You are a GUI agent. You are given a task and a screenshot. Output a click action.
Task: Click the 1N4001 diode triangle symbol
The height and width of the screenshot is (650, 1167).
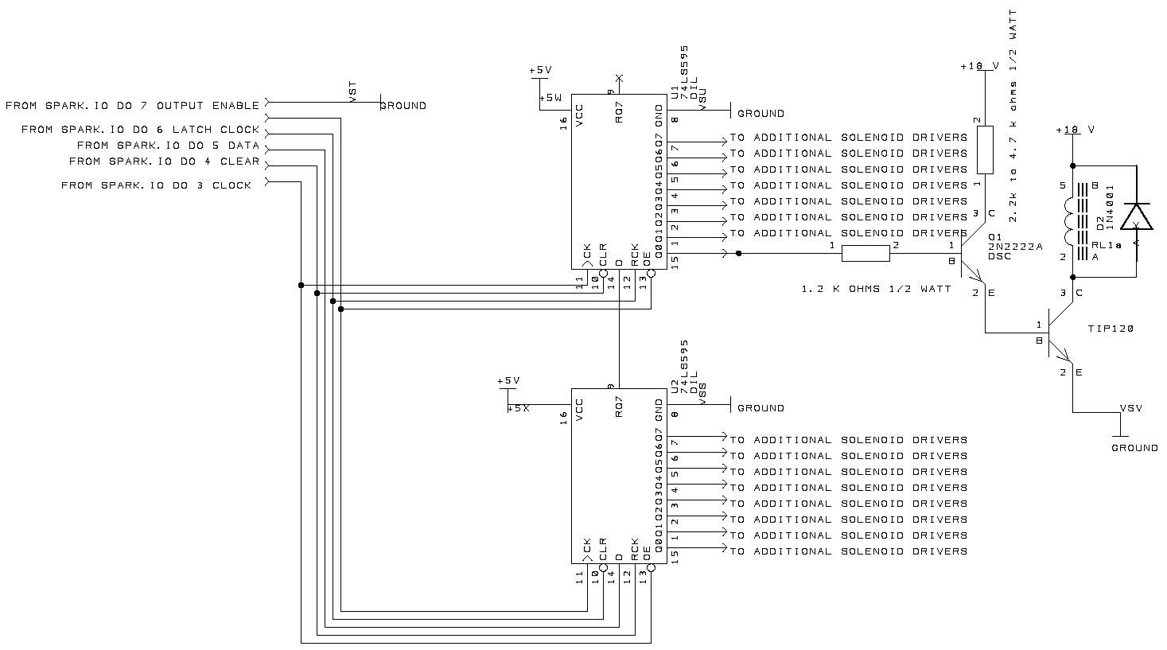(1136, 216)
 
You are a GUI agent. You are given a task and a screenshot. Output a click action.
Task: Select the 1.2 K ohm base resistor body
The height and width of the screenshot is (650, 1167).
(865, 254)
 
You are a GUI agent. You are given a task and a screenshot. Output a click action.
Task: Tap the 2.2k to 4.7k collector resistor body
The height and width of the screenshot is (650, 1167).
(985, 150)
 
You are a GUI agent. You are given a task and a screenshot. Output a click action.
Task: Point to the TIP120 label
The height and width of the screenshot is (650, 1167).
(1111, 329)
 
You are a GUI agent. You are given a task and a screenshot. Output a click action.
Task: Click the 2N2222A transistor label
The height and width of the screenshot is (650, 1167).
(1014, 247)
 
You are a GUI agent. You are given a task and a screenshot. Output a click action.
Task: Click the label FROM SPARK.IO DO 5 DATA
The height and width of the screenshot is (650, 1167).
(168, 146)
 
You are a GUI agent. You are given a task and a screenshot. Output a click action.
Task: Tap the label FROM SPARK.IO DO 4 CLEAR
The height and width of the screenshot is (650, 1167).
(164, 162)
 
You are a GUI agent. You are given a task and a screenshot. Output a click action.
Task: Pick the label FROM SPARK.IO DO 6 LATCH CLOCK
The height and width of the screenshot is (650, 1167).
(140, 130)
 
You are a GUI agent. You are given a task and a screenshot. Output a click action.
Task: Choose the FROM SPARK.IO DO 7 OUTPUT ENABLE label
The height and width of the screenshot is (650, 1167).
(132, 105)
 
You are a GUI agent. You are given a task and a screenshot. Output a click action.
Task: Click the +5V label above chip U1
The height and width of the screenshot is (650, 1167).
(540, 71)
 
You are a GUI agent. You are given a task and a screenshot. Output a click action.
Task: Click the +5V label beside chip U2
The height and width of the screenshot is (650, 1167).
(508, 381)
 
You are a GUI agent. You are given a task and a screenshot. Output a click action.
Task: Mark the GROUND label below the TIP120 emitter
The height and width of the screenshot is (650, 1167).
(1134, 448)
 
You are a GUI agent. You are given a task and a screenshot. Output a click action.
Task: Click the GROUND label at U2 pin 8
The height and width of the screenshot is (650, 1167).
(760, 408)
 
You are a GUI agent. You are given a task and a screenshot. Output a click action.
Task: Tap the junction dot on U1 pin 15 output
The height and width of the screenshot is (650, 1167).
(739, 254)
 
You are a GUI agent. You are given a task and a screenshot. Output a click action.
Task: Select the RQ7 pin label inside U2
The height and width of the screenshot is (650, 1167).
(619, 406)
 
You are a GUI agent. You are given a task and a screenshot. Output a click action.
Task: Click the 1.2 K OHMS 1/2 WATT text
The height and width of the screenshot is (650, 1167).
(876, 289)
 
